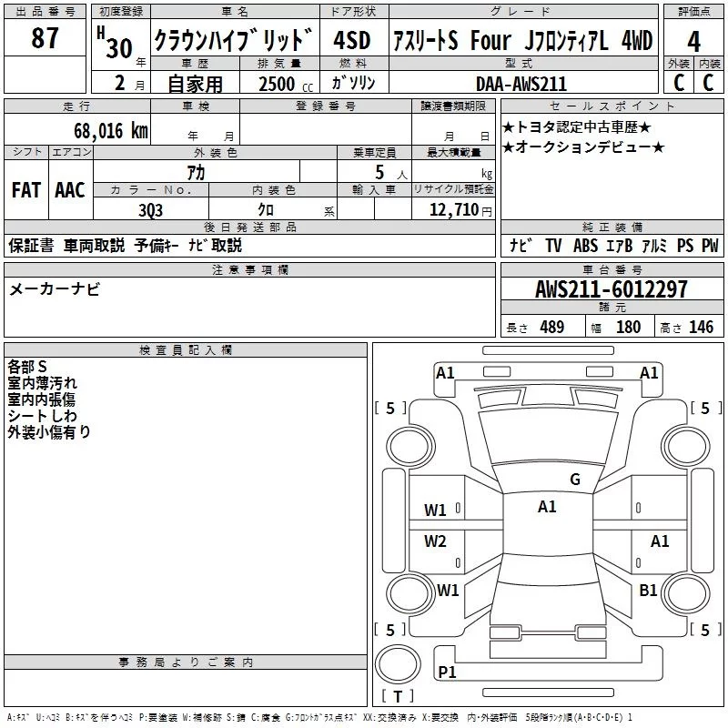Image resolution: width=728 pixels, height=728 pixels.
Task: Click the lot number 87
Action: [x=45, y=39]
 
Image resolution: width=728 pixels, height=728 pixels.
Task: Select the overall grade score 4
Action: [x=693, y=41]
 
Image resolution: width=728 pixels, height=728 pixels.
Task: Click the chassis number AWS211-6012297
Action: [x=612, y=289]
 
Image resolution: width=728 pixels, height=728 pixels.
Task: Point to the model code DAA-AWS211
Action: [x=521, y=84]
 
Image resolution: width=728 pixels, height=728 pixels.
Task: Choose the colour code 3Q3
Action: [x=151, y=208]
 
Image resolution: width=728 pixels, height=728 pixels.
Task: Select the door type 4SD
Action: [x=352, y=41]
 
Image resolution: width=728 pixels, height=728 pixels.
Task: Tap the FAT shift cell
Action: [x=26, y=189]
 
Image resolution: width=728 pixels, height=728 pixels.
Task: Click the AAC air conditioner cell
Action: [x=70, y=189]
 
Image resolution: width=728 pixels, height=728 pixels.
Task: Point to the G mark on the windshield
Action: [x=574, y=480]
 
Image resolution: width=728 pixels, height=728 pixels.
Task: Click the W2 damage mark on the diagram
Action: [x=435, y=541]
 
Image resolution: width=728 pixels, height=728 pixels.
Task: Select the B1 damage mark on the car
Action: [x=648, y=591]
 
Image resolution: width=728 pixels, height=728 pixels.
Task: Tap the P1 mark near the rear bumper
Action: [x=447, y=672]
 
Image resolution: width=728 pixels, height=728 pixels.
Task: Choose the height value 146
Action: [x=701, y=328]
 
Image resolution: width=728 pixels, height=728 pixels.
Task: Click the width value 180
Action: [x=628, y=328]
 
